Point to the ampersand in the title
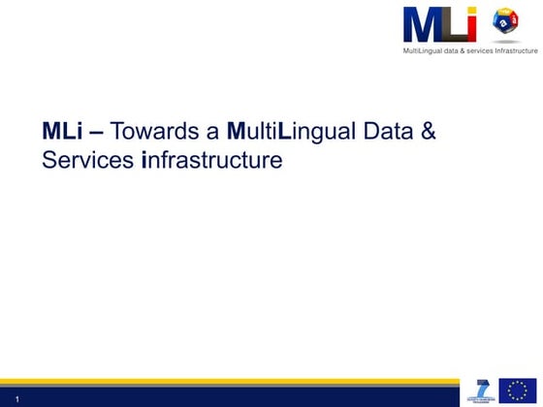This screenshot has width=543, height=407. click(427, 131)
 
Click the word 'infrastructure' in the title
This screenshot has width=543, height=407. click(211, 160)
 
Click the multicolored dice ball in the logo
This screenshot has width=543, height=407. click(506, 23)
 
